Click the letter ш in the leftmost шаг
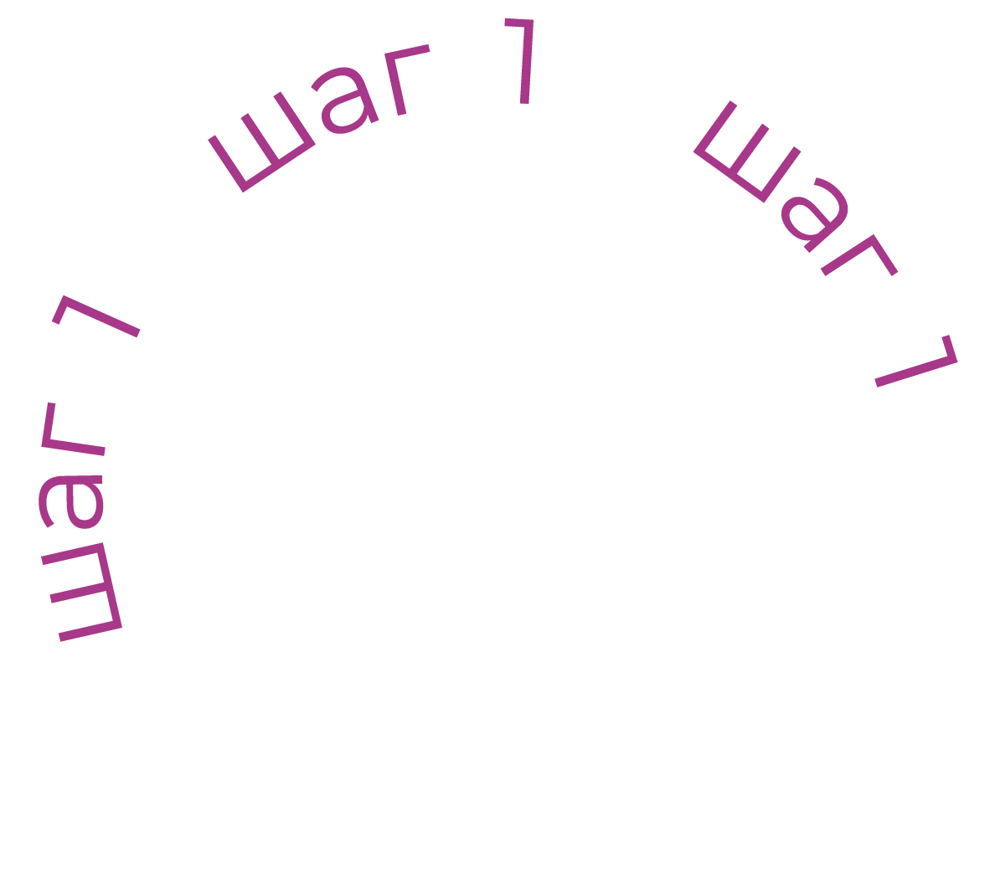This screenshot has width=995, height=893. pos(84,591)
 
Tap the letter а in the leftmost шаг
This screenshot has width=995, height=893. pos(71,502)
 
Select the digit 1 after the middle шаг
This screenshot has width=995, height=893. pos(521,60)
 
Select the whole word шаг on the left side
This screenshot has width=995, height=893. pos(75,519)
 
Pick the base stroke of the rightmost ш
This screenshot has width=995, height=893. pos(729,176)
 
